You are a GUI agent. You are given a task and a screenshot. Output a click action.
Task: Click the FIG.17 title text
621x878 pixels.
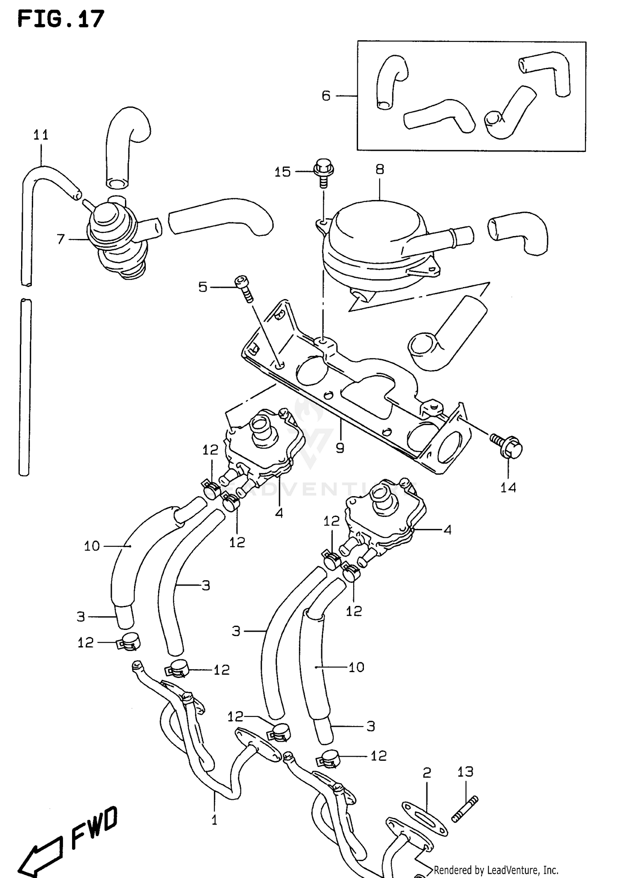coord(61,19)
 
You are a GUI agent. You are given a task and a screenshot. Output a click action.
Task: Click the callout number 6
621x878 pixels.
coord(326,96)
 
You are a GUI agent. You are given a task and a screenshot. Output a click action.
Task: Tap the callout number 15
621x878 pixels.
coord(282,172)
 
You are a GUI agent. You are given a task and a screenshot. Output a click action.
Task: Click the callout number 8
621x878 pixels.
coord(380,169)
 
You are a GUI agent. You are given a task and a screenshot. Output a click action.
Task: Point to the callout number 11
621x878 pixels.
coord(41,135)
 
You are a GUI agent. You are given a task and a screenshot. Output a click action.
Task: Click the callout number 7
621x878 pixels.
coord(61,239)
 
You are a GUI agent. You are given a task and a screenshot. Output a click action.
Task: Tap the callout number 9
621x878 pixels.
coord(340,448)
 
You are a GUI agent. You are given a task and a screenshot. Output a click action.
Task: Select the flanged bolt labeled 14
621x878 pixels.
coord(507,446)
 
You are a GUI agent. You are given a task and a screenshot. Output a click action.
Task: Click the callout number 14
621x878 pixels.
coord(508,487)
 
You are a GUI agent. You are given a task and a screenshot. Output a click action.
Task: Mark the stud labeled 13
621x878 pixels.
coord(465,808)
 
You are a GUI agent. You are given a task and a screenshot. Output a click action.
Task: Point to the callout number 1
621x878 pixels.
coord(214,820)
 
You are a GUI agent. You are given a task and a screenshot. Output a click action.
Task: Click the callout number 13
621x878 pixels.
coord(465,772)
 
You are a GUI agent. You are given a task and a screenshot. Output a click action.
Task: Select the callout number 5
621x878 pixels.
coord(202,287)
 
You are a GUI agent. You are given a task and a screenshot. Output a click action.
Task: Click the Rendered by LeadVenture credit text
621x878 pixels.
coord(496,870)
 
